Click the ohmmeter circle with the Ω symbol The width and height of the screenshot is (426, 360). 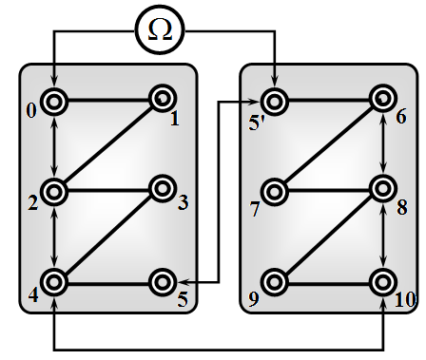pyautogui.click(x=160, y=30)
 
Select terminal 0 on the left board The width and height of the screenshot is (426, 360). pyautogui.click(x=54, y=102)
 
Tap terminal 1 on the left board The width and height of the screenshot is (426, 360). pyautogui.click(x=163, y=99)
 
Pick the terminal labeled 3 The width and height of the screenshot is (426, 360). pyautogui.click(x=163, y=189)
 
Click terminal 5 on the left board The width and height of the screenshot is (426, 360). pyautogui.click(x=163, y=282)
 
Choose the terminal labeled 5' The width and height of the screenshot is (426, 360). pyautogui.click(x=274, y=102)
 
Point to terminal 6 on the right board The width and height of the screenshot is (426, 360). pyautogui.click(x=383, y=99)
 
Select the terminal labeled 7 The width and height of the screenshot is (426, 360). pyautogui.click(x=274, y=192)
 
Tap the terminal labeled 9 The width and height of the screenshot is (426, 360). pyautogui.click(x=274, y=282)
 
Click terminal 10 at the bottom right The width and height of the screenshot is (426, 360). pyautogui.click(x=383, y=282)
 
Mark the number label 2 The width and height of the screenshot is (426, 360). pyautogui.click(x=32, y=203)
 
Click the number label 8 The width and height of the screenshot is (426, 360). pyautogui.click(x=402, y=208)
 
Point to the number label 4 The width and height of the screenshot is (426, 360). pyautogui.click(x=33, y=295)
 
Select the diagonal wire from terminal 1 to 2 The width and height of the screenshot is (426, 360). pyautogui.click(x=108, y=145)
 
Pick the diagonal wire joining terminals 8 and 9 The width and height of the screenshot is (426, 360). pyautogui.click(x=329, y=236)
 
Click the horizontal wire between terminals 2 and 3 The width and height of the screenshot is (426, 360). pyautogui.click(x=108, y=191)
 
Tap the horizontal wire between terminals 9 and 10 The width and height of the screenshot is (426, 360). pyautogui.click(x=329, y=284)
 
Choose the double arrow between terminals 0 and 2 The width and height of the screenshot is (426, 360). pyautogui.click(x=55, y=147)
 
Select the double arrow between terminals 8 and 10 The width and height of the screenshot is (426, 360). pyautogui.click(x=383, y=236)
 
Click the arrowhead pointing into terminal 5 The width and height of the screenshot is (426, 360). pyautogui.click(x=183, y=282)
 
